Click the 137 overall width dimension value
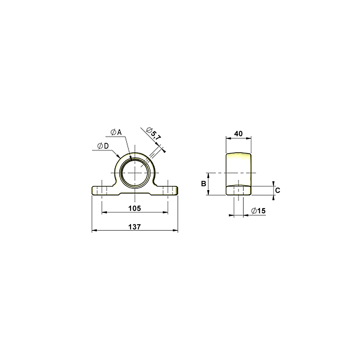pos(134,227)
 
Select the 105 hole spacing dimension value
pos(135,208)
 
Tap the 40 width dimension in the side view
pos(239,134)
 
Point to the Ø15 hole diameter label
pos(258,211)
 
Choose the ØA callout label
pos(116,132)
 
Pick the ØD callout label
pos(103,146)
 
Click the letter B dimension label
pos(203,184)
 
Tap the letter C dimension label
pos(278,190)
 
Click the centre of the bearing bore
pos(135,173)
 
